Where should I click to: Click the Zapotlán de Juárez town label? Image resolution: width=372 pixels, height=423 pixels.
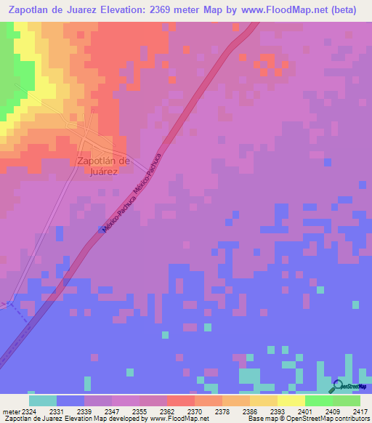click(102, 166)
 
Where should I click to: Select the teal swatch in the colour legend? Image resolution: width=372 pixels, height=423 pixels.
click(43, 400)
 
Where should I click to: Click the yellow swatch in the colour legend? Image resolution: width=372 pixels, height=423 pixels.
click(291, 400)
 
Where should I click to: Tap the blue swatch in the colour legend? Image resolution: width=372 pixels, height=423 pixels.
click(70, 400)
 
